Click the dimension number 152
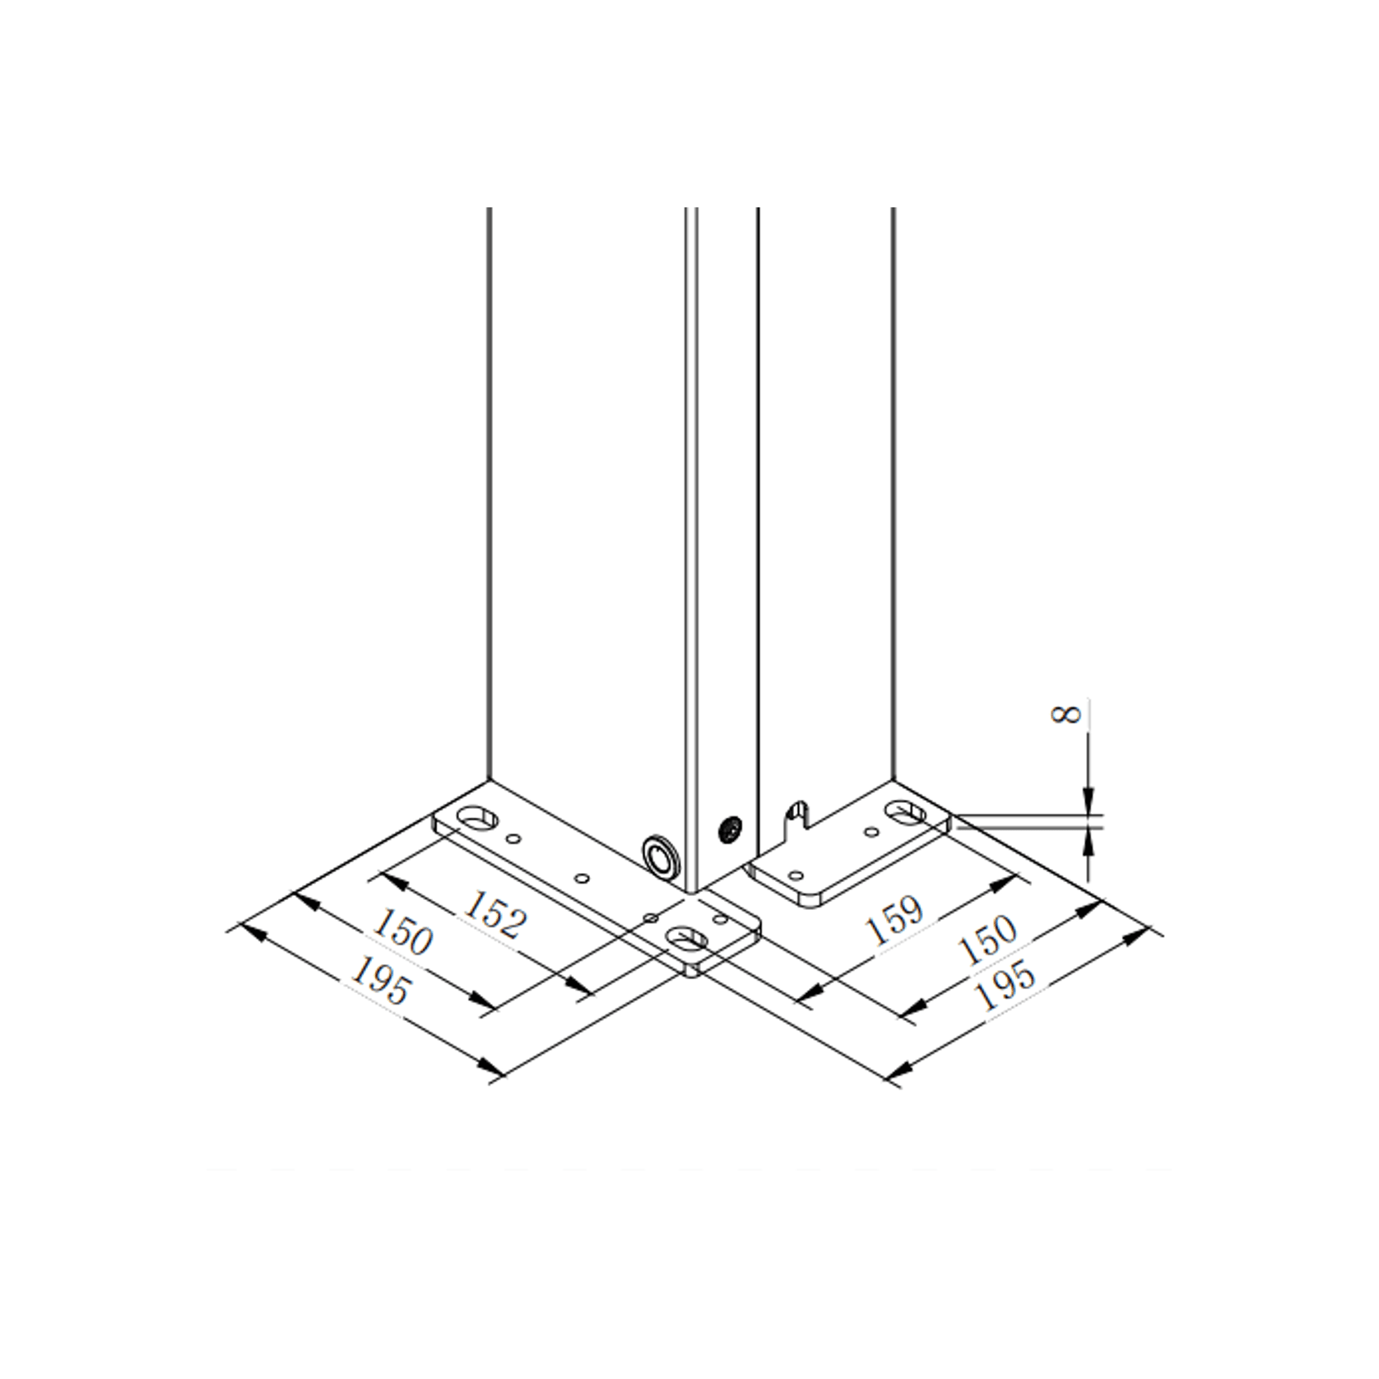[x=493, y=912]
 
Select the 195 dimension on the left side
[x=379, y=982]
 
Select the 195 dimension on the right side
[x=1005, y=985]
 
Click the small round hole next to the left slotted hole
[x=514, y=838]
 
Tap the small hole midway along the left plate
[x=583, y=879]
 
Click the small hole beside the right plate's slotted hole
[x=871, y=833]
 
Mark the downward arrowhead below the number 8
[x=1089, y=798]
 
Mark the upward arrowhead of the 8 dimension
[x=1089, y=839]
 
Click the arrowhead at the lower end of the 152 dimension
[x=580, y=987]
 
